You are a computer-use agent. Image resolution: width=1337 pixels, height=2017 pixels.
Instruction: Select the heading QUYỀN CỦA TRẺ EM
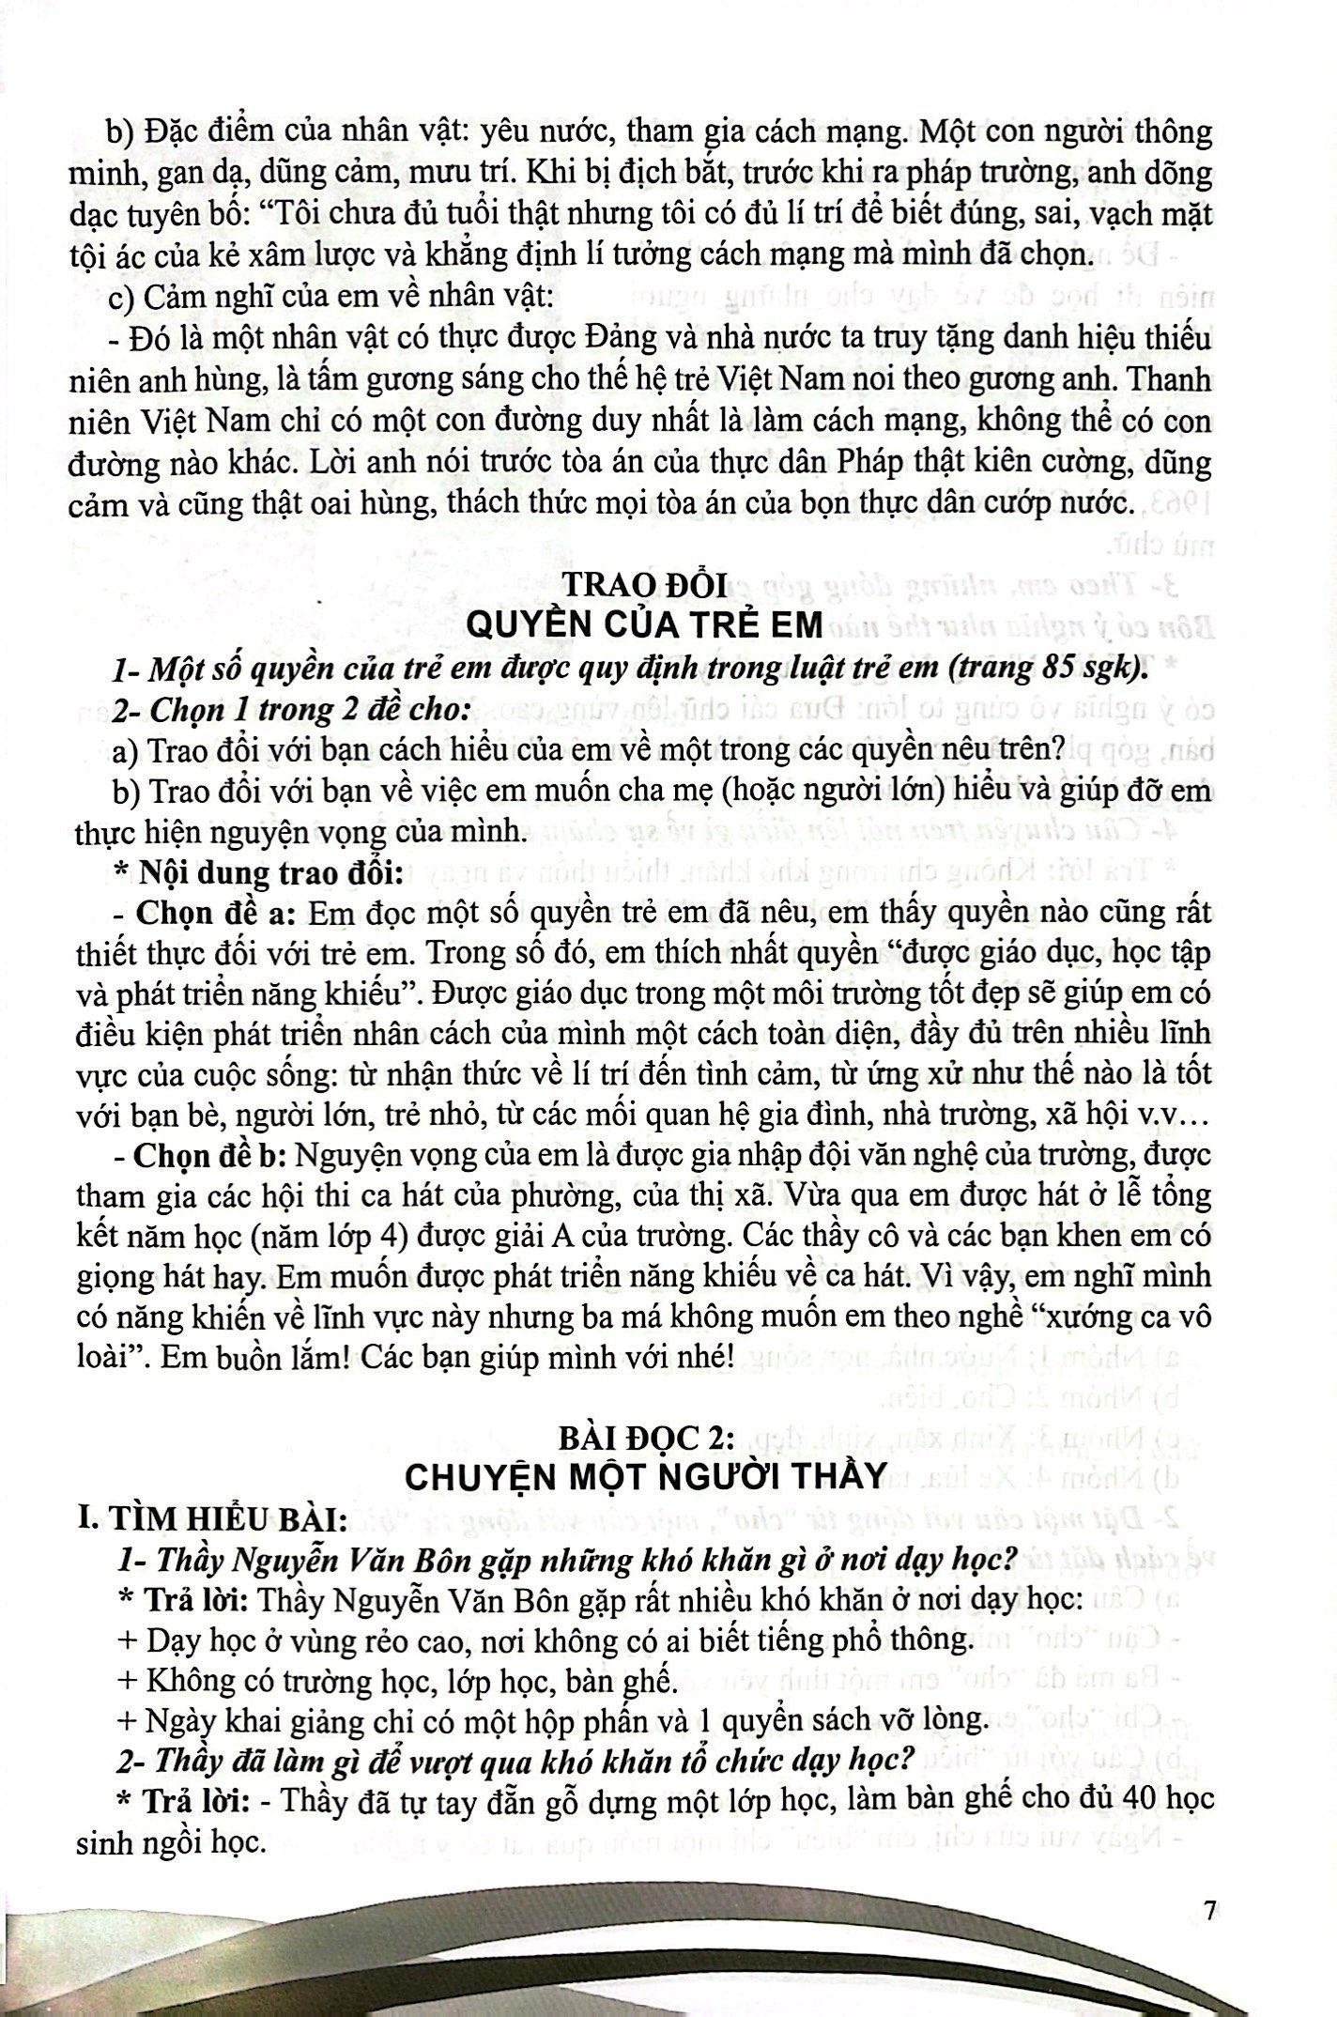click(644, 624)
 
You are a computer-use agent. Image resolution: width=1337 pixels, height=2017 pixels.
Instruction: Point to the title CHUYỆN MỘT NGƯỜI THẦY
click(645, 1475)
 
